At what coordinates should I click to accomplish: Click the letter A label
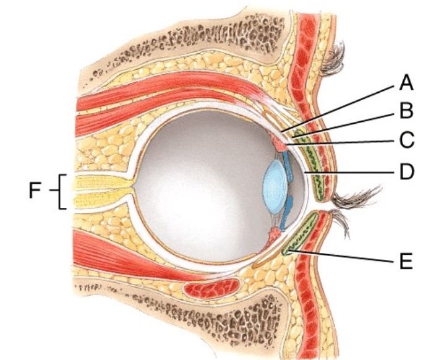coord(405,82)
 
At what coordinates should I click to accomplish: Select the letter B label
coord(406,111)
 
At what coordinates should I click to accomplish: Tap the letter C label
coord(406,140)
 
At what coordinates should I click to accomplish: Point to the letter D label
coord(406,170)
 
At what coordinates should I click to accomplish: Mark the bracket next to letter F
coord(61,192)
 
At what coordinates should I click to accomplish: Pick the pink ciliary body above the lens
coord(278,144)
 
